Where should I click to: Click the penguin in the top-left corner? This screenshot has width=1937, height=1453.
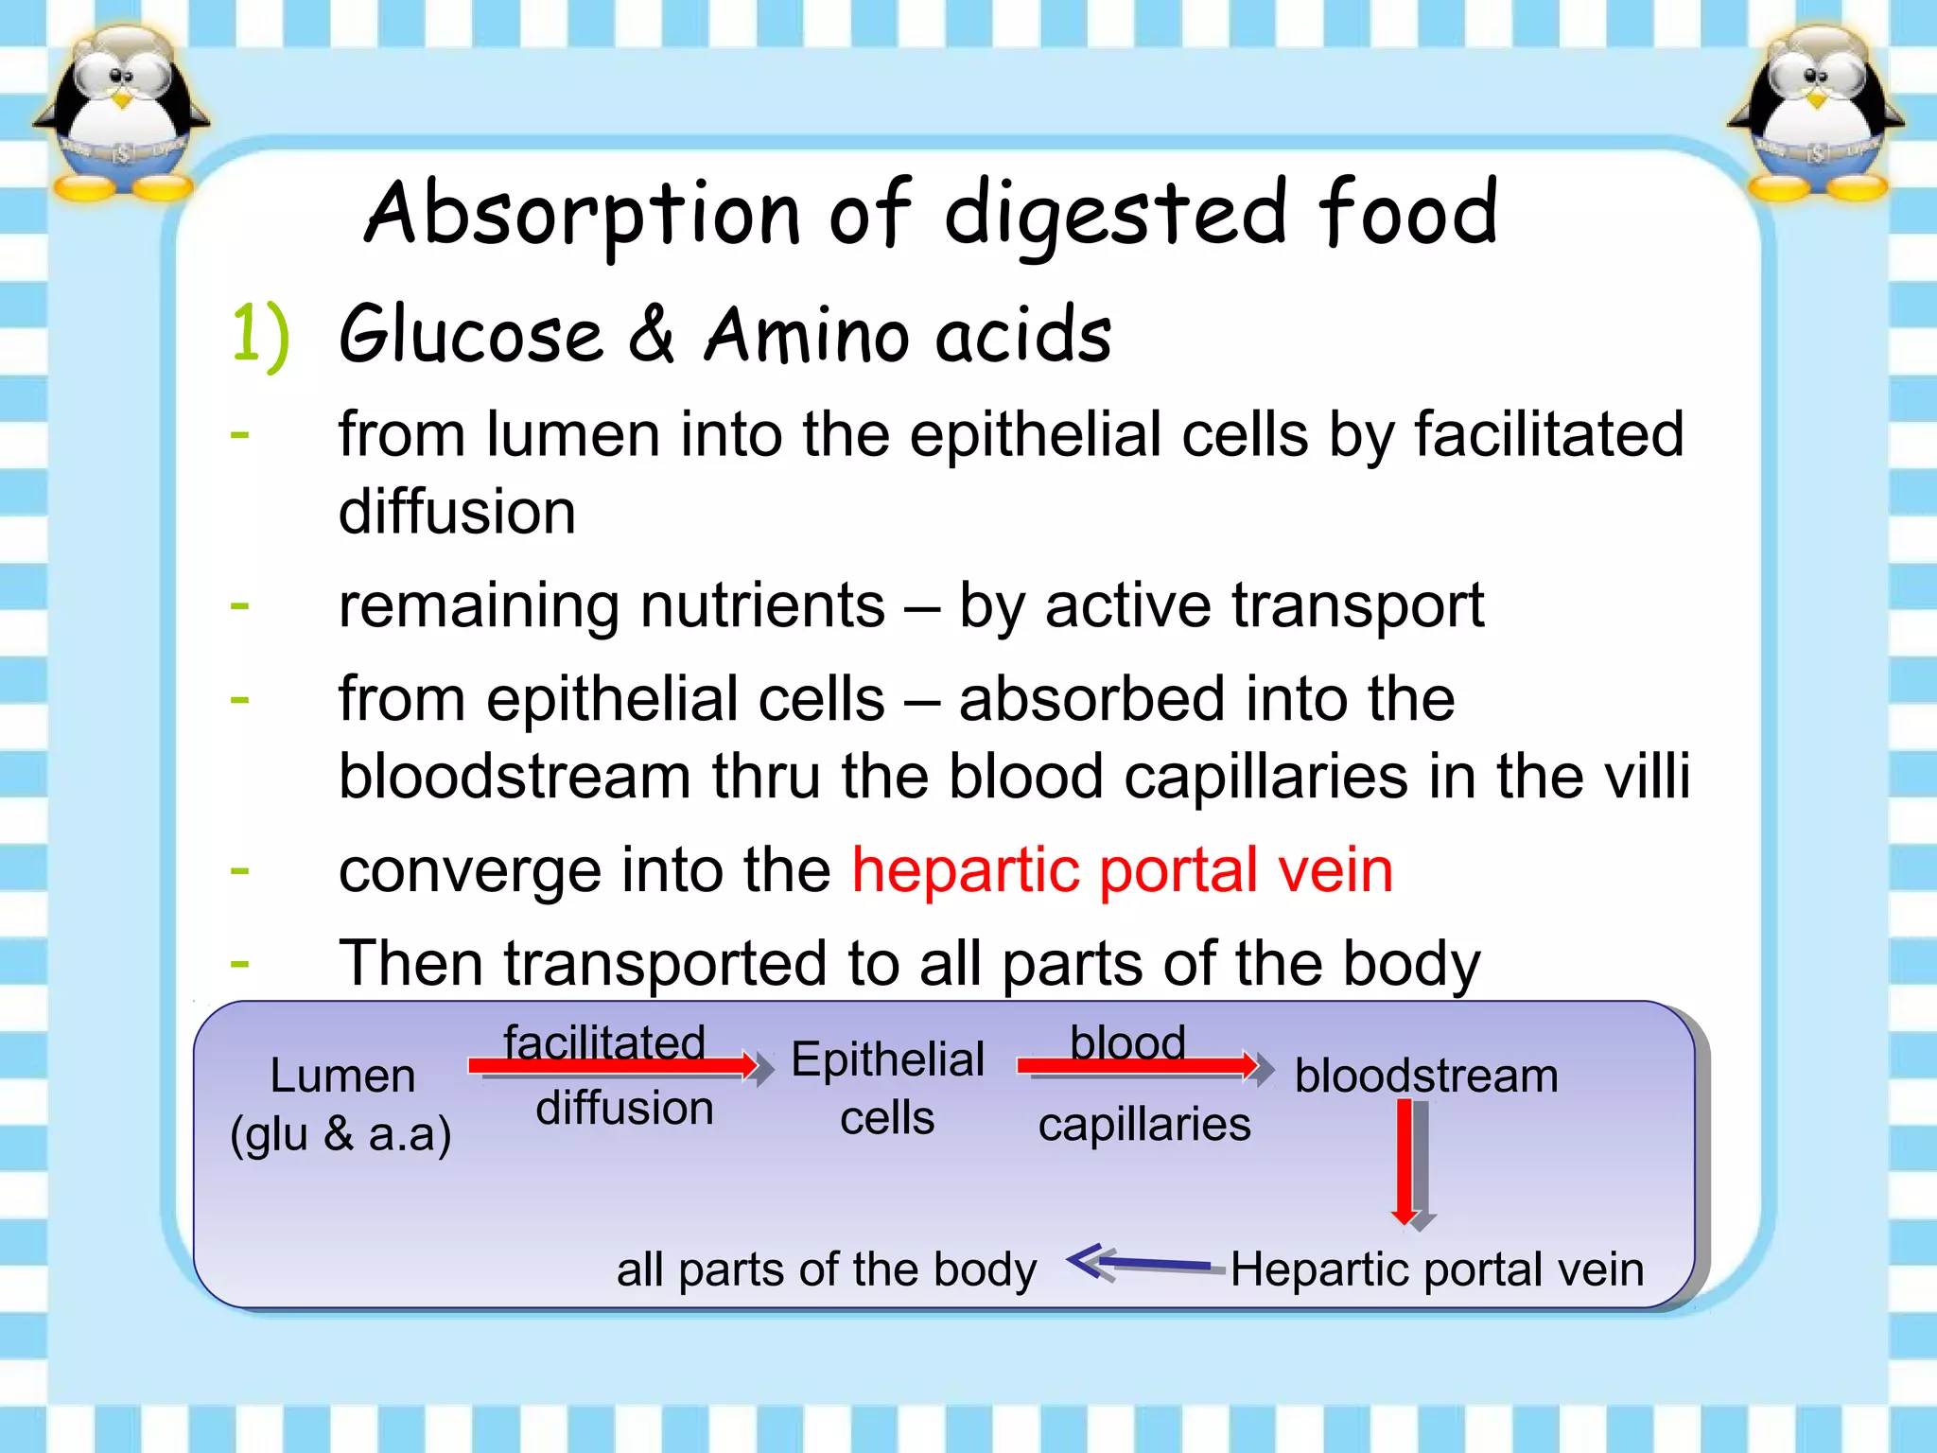121,114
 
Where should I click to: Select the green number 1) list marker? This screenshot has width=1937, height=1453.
260,334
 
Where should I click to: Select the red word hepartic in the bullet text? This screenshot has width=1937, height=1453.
964,870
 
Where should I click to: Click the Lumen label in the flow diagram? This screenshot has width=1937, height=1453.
342,1077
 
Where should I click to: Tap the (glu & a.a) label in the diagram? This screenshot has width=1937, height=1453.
340,1133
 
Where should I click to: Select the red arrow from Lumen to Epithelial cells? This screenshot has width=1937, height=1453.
615,1067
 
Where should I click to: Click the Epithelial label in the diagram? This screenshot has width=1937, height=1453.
887,1059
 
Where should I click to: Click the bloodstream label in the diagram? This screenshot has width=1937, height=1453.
1426,1077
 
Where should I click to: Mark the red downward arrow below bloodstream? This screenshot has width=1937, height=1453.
1406,1162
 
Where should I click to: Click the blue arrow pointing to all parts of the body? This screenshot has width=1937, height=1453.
1140,1262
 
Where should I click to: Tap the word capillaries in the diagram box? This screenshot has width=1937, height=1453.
1144,1125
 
